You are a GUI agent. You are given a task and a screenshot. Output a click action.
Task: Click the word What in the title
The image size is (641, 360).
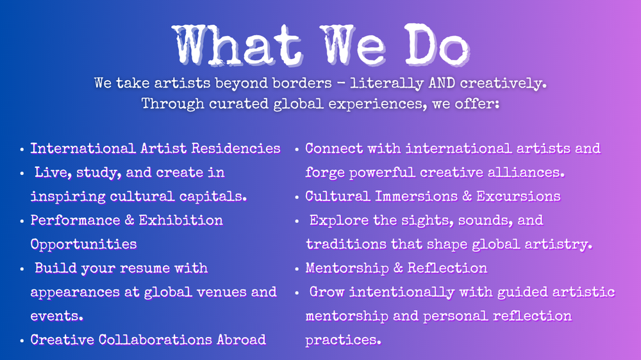pyautogui.click(x=238, y=45)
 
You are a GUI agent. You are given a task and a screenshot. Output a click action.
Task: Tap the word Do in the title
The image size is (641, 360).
pyautogui.click(x=437, y=45)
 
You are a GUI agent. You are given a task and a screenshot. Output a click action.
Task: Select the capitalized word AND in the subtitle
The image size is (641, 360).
pyautogui.click(x=442, y=83)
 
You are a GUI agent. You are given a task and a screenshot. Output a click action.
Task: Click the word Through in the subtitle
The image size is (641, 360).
pyautogui.click(x=172, y=104)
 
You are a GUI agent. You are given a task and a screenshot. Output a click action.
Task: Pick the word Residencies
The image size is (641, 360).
pyautogui.click(x=236, y=149)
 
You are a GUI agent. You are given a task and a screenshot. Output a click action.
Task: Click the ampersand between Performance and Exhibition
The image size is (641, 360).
pyautogui.click(x=129, y=220)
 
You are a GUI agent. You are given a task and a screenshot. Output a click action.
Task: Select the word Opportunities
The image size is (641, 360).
pyautogui.click(x=83, y=244)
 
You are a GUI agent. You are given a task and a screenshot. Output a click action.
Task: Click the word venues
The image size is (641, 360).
pyautogui.click(x=221, y=292)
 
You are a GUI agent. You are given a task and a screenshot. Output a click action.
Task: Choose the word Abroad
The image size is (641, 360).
pyautogui.click(x=241, y=340)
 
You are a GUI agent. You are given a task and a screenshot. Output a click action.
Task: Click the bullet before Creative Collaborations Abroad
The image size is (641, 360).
pyautogui.click(x=22, y=341)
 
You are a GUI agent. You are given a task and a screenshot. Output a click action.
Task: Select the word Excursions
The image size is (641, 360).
pyautogui.click(x=519, y=197)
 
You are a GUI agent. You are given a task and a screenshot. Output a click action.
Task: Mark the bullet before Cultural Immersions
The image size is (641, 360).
pyautogui.click(x=297, y=197)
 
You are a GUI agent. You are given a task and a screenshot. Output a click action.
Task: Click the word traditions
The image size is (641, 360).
pyautogui.click(x=346, y=244)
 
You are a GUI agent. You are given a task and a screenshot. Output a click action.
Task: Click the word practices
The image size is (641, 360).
pyautogui.click(x=344, y=340)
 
